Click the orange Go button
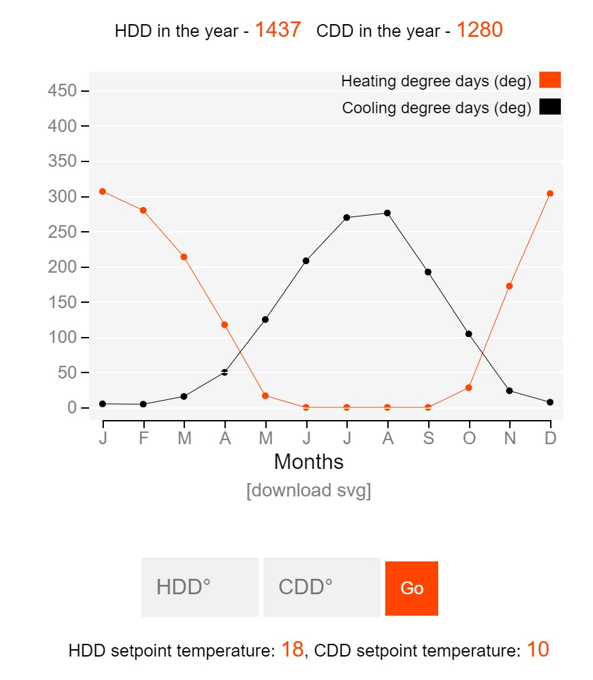[411, 588]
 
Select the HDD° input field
[200, 587]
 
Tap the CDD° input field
[322, 587]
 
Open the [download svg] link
[308, 490]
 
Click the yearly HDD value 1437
[277, 29]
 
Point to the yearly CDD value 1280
[479, 29]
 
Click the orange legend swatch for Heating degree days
[550, 80]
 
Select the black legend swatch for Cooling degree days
[550, 107]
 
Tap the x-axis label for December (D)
[550, 438]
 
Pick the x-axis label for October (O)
[469, 438]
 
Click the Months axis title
[308, 462]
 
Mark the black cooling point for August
[387, 213]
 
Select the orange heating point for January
[103, 192]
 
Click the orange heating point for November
[509, 286]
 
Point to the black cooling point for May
[265, 320]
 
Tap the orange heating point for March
[184, 257]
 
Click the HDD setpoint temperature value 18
[292, 649]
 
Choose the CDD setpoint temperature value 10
[537, 649]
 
